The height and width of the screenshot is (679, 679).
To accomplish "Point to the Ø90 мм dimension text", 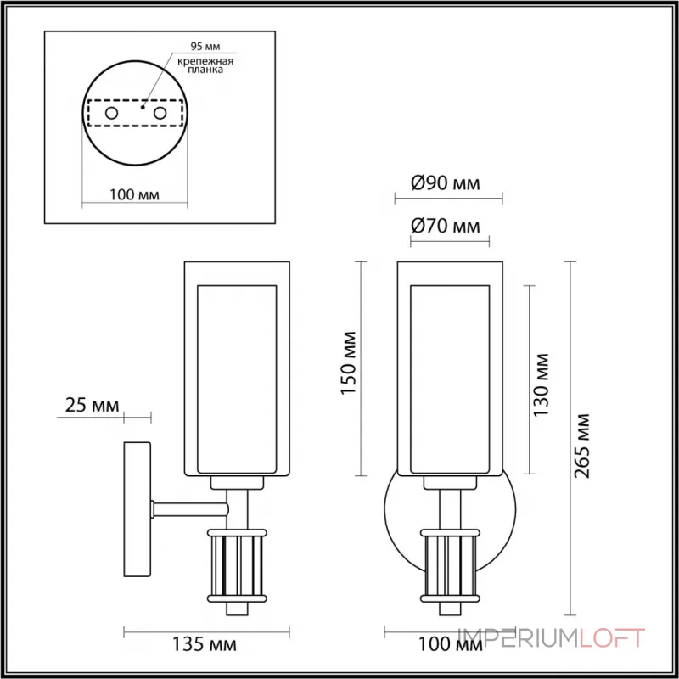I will coord(445,184).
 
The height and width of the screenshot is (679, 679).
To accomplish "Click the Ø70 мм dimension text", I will coord(445,227).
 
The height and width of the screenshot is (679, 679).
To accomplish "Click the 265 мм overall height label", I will coord(582,445).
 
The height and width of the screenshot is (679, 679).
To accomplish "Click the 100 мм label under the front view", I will coord(444,646).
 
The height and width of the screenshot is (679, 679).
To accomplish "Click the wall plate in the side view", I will coord(137,508).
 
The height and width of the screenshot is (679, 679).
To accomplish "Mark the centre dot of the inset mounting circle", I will coord(143,108).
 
